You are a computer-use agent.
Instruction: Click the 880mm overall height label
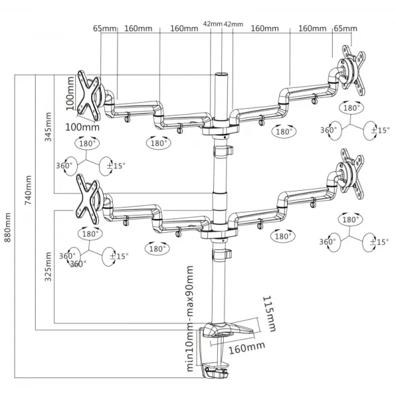point(7,227)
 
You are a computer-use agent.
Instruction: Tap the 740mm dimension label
point(28,190)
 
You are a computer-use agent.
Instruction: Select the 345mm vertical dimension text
point(48,127)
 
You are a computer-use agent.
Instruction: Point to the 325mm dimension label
point(48,267)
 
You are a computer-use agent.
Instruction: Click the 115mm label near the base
point(269,313)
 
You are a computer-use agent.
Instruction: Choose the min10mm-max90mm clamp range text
point(190,319)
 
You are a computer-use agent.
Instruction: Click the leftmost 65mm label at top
point(104,28)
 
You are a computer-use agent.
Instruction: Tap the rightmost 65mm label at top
point(345,28)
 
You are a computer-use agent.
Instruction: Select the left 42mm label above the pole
point(213,24)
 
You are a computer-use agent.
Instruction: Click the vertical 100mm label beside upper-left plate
point(70,93)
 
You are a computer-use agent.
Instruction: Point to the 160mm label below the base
point(247,348)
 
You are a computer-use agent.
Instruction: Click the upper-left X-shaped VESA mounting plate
point(89,96)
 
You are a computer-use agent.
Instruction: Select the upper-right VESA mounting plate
point(353,70)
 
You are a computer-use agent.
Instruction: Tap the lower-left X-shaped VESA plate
point(87,199)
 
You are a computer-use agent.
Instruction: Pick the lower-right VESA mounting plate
point(352,174)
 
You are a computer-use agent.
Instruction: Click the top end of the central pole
point(221,75)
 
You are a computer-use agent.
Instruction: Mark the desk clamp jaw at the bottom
point(216,371)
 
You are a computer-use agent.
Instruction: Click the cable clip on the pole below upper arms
point(223,152)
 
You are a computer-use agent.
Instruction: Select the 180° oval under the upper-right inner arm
point(284,131)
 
